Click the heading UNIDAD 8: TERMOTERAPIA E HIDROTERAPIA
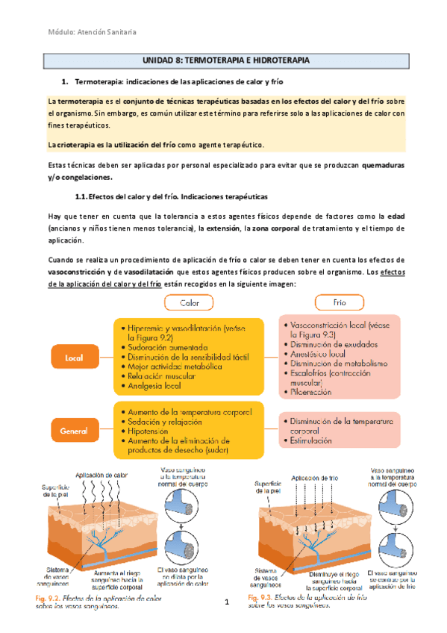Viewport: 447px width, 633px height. [222, 60]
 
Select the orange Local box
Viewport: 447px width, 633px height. [74, 358]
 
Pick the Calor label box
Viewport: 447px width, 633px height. [190, 303]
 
